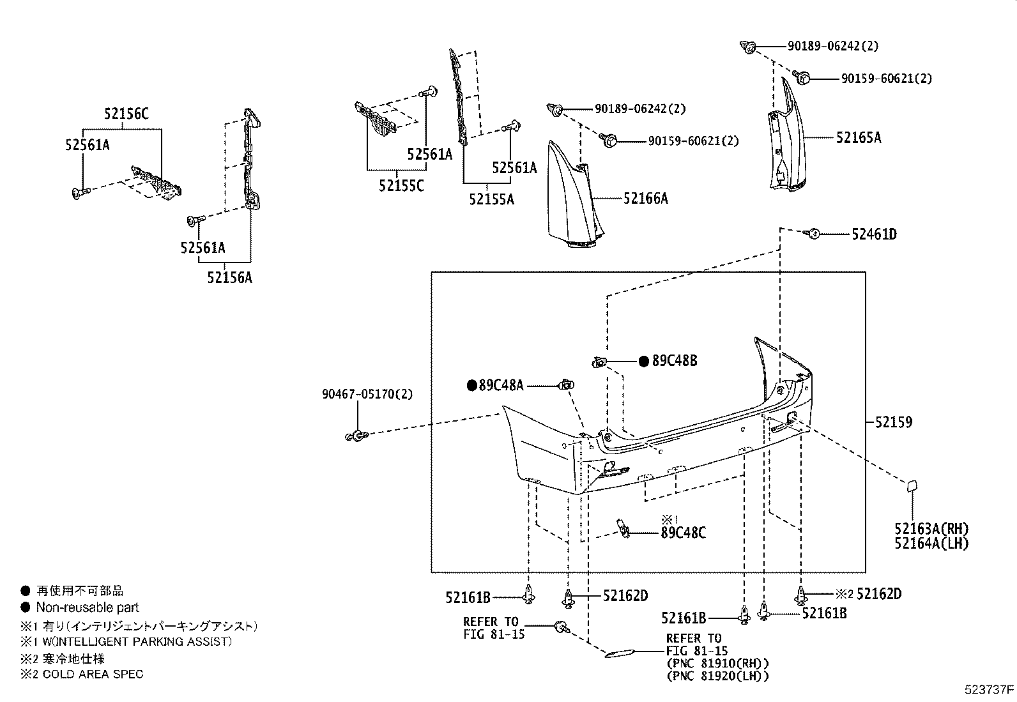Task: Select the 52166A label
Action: click(x=645, y=199)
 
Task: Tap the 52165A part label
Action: click(x=858, y=137)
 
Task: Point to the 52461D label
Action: click(x=873, y=234)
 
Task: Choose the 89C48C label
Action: click(x=683, y=533)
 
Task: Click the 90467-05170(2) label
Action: click(x=367, y=394)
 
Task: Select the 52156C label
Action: click(x=126, y=114)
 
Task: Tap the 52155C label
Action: click(x=401, y=186)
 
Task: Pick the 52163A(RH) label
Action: click(x=931, y=529)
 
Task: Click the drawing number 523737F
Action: click(x=989, y=690)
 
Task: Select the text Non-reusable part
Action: click(x=88, y=607)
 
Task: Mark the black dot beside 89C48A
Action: click(x=472, y=385)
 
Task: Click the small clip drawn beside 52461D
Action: click(x=813, y=234)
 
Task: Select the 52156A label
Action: click(x=229, y=278)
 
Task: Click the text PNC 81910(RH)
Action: click(x=717, y=664)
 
